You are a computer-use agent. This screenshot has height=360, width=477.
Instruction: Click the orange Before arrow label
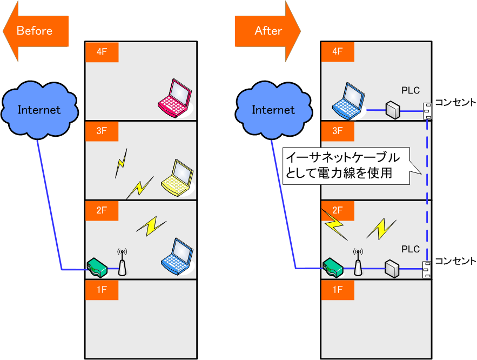35,31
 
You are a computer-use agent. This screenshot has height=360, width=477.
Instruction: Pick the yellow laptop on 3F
178,177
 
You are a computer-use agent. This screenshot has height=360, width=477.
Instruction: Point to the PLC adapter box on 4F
393,110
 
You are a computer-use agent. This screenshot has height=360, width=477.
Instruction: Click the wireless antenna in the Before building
123,262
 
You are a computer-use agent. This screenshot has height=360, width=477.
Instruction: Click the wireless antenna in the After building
358,262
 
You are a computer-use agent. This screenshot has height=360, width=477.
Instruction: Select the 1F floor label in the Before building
102,289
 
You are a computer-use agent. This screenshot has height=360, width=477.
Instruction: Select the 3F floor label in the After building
337,131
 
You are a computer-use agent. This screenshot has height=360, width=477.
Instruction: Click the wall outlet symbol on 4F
427,110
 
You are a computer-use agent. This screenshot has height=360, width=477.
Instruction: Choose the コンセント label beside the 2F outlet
455,261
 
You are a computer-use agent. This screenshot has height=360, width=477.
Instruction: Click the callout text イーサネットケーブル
343,158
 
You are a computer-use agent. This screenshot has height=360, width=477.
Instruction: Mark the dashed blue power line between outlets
427,189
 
